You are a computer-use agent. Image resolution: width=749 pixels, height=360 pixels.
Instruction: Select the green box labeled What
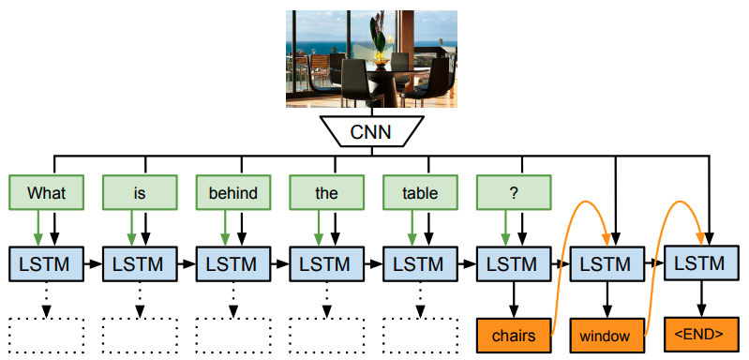tap(46, 193)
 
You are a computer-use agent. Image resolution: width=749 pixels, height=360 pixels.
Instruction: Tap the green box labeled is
tap(139, 193)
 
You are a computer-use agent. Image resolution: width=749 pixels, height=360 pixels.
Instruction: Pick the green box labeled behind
tap(232, 193)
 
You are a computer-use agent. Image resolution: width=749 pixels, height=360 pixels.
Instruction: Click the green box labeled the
tap(326, 193)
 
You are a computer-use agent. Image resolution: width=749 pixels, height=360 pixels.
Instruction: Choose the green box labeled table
tap(420, 193)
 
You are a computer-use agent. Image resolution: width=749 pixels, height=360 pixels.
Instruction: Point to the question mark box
tap(514, 193)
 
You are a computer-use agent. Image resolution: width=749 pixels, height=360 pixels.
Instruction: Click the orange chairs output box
tap(514, 335)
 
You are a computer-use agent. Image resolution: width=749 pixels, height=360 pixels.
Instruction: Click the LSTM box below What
tap(46, 265)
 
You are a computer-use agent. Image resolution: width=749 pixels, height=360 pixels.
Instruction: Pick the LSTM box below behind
tap(232, 265)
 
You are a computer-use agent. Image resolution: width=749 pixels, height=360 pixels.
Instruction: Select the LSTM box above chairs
tap(514, 265)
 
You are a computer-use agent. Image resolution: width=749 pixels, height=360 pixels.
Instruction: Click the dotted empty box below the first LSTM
tap(46, 335)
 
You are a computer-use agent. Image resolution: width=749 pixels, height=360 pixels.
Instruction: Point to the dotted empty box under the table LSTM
tap(420, 335)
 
